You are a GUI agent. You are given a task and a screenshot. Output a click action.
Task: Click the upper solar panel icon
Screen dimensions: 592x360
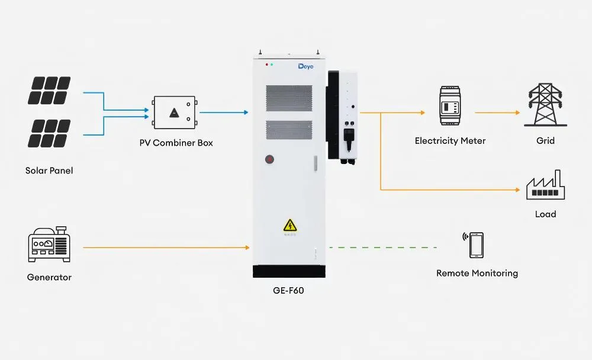(x=49, y=91)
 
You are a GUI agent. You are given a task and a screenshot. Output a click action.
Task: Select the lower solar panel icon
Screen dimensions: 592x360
(x=49, y=133)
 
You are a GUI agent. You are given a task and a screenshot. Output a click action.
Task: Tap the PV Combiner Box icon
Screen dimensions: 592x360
(x=175, y=112)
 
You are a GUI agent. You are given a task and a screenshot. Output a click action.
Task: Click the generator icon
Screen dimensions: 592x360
(x=49, y=245)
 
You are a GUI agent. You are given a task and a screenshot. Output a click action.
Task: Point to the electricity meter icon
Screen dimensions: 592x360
(x=450, y=105)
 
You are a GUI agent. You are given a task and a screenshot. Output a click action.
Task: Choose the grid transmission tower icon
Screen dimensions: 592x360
(x=545, y=105)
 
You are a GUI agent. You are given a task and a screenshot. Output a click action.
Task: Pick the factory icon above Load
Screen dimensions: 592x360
(x=546, y=185)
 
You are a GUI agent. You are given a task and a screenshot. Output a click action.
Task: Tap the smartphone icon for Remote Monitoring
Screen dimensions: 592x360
(x=474, y=245)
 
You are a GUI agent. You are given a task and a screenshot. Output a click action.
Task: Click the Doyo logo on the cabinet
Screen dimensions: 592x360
(x=305, y=66)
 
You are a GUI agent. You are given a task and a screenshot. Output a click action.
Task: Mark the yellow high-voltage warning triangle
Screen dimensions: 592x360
(x=290, y=226)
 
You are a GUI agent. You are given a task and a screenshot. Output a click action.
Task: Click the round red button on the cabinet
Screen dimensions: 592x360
(x=269, y=159)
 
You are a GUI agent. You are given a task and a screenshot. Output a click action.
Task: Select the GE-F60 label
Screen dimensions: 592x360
(x=288, y=291)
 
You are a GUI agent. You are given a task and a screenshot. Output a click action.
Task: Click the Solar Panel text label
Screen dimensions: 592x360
(x=49, y=171)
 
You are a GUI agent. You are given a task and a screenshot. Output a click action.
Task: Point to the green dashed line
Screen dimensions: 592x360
(x=383, y=247)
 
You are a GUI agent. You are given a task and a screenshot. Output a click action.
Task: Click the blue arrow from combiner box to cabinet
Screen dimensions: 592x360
(x=224, y=112)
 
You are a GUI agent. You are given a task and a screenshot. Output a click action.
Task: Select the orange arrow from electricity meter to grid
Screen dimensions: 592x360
(x=497, y=112)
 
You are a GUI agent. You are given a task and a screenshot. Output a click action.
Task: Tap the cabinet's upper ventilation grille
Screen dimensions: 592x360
(x=289, y=98)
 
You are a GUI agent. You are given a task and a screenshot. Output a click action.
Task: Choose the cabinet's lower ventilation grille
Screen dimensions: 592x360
(x=289, y=130)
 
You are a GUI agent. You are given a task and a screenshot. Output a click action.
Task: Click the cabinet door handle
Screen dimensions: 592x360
(x=316, y=163)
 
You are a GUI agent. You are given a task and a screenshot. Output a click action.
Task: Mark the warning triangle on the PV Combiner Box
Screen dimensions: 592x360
(x=174, y=112)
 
